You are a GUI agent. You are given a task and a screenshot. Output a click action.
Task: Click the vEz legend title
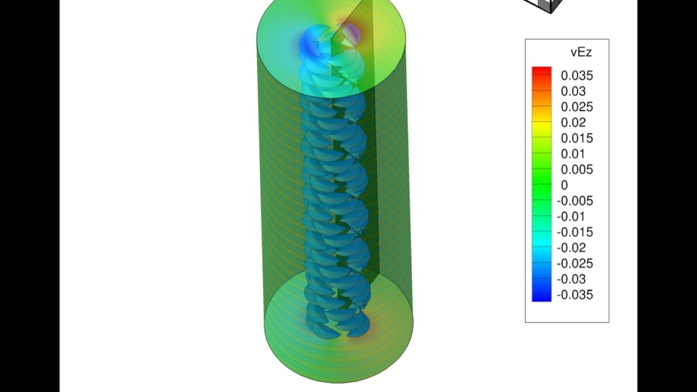coord(581,52)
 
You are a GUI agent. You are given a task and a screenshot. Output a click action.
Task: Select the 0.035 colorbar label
coord(577,76)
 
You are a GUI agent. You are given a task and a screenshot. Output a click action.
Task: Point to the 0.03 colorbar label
coord(573,91)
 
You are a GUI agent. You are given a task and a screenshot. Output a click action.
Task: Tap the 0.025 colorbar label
coord(577,107)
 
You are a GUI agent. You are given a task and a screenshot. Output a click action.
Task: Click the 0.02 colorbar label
coord(573,122)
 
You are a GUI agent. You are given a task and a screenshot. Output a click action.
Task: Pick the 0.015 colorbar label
coord(577,138)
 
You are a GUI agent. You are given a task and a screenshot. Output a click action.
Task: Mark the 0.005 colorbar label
coord(577,169)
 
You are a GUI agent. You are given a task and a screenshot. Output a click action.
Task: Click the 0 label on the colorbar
coord(565,185)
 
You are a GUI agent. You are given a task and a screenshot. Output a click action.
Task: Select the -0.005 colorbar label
coord(574,201)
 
